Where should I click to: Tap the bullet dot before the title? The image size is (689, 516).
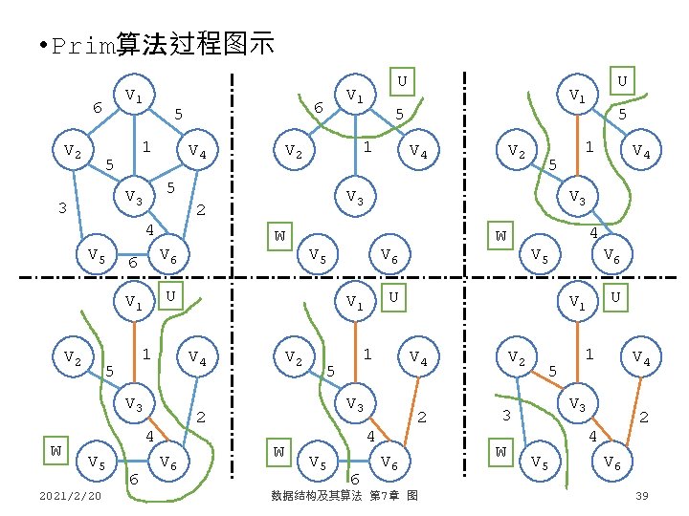pyautogui.click(x=34, y=46)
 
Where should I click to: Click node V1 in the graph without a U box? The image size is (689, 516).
pyautogui.click(x=134, y=96)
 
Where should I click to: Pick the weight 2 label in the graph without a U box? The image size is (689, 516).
pyautogui.click(x=200, y=210)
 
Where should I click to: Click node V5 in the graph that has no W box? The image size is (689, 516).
pyautogui.click(x=96, y=254)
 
